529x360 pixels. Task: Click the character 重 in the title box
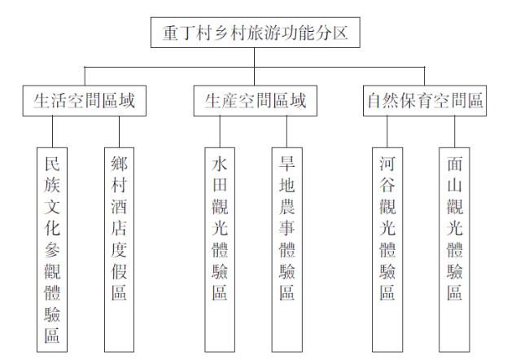[x=171, y=33]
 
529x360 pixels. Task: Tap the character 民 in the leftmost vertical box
[x=52, y=164]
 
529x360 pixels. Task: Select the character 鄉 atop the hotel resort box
[x=119, y=164]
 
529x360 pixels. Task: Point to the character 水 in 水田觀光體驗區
[x=220, y=164]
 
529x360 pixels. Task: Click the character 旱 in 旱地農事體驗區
[x=287, y=164]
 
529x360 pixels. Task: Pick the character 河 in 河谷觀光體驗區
[x=387, y=164]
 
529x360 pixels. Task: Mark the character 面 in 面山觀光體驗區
[x=454, y=164]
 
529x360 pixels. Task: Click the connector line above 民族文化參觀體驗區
[x=52, y=132]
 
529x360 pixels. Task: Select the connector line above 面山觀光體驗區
[x=454, y=132]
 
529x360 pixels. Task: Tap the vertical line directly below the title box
[x=254, y=67]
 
